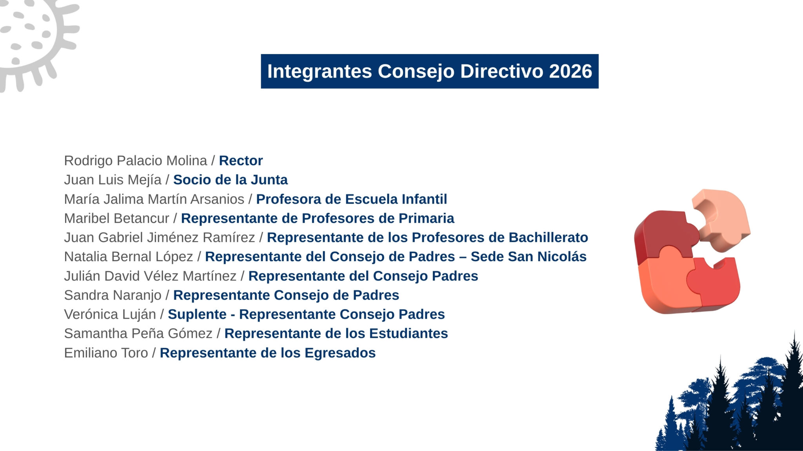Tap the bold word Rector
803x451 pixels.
click(x=241, y=161)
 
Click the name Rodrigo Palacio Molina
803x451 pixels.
click(x=136, y=161)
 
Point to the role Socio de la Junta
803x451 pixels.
click(x=231, y=180)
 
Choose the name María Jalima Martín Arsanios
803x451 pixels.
click(x=154, y=199)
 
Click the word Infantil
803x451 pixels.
click(x=425, y=199)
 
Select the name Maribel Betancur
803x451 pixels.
click(x=116, y=218)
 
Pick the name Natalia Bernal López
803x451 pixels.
click(x=129, y=257)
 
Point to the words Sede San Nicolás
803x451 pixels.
click(x=529, y=256)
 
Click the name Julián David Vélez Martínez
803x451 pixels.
click(x=150, y=276)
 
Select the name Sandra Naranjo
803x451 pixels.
click(x=113, y=295)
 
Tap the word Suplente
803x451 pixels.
click(x=197, y=314)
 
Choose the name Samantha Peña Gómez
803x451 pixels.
click(x=138, y=334)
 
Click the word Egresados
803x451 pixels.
click(x=340, y=353)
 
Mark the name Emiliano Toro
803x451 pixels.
click(x=106, y=353)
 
